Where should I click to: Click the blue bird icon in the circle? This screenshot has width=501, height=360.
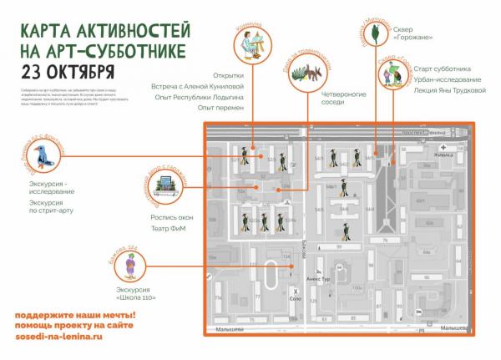tap(40, 155)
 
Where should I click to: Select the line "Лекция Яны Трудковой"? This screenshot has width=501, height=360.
tap(450, 89)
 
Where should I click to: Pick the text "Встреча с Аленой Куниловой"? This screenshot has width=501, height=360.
tap(209, 85)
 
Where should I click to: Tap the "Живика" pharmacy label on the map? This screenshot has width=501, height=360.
tap(443, 154)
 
